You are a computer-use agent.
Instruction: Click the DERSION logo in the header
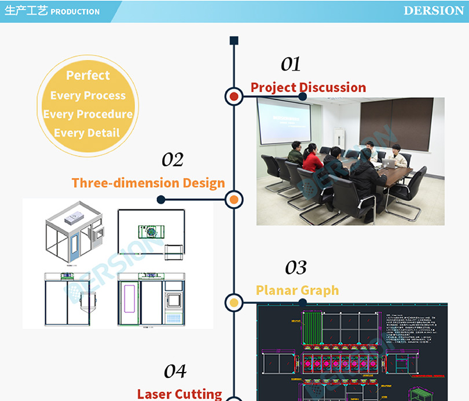point(433,11)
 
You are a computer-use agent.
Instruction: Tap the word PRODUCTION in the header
point(75,12)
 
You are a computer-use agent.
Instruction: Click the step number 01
point(291,64)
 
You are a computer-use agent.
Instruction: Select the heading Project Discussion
point(308,87)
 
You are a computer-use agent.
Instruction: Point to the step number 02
point(173,160)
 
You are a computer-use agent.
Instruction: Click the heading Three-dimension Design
point(148,183)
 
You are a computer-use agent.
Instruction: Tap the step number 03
point(296,267)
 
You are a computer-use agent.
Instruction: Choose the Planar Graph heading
point(298,290)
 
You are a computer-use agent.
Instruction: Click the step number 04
point(175,371)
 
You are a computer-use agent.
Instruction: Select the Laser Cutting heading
point(179,394)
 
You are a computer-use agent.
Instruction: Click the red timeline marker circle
point(234,97)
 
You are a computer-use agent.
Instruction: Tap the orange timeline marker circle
point(234,200)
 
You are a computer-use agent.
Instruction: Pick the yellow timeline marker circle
point(234,301)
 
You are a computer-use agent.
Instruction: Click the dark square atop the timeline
point(234,40)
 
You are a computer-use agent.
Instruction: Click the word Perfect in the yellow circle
point(88,75)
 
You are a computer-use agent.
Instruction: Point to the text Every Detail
point(87,133)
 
